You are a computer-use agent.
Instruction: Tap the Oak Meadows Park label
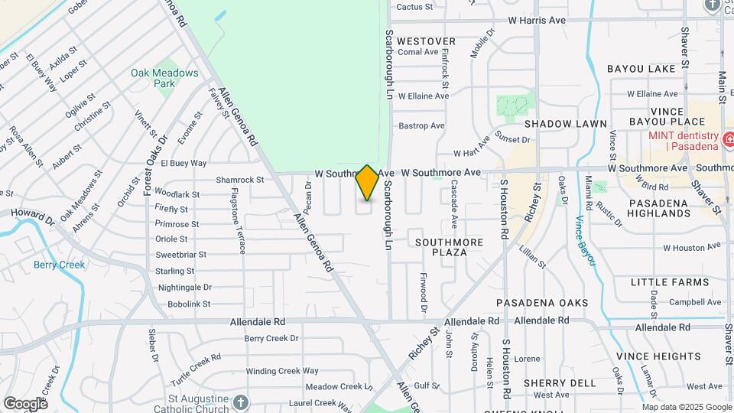pos(164,78)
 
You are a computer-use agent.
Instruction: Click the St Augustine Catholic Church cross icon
pos(241,402)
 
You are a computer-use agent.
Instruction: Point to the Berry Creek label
pos(59,265)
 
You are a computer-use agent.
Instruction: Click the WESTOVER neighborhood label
pos(427,41)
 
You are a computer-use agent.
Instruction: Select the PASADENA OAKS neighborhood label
pos(543,303)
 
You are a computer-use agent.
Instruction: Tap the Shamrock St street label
pos(239,180)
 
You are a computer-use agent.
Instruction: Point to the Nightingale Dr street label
pos(184,288)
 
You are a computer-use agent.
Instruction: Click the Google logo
pos(25,404)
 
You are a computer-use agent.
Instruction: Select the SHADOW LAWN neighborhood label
pos(566,124)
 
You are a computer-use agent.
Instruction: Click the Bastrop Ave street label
pos(421,125)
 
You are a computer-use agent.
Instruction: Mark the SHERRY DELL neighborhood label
pos(560,383)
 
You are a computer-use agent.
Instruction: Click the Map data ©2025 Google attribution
pos(687,407)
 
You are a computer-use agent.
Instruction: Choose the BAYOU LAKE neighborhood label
pos(641,69)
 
